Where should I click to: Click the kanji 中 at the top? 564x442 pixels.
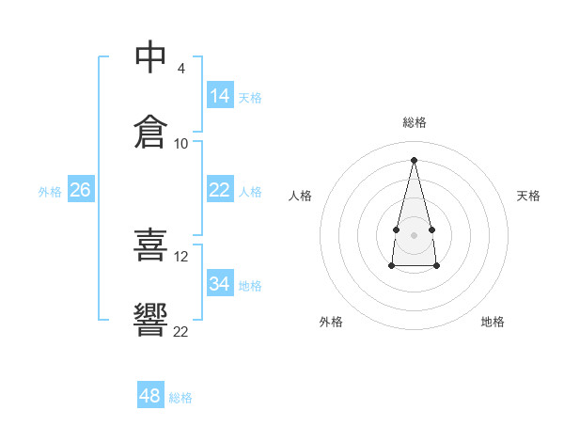[x=150, y=56]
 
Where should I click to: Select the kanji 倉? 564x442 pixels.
[x=150, y=132]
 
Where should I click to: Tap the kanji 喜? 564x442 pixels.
[x=150, y=245]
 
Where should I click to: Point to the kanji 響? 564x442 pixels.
[x=150, y=320]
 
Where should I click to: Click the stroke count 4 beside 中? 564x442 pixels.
[x=180, y=69]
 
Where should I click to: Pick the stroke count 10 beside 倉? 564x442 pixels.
[x=180, y=144]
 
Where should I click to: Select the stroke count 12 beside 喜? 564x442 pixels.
[x=180, y=257]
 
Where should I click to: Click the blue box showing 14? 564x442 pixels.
[x=221, y=95]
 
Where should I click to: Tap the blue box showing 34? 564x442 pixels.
[x=221, y=282]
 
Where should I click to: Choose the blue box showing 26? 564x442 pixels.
[x=81, y=189]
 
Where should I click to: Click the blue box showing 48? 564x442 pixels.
[x=150, y=394]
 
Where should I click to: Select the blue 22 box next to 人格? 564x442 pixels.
[x=221, y=189]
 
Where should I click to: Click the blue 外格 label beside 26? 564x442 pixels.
[x=50, y=192]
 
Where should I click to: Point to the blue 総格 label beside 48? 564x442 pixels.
[x=180, y=398]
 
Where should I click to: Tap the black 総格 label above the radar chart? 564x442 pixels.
[x=415, y=122]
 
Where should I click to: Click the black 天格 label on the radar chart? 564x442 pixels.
[x=528, y=196]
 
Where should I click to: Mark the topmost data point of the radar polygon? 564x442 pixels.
[x=414, y=160]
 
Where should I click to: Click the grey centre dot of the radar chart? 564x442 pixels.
[x=414, y=235]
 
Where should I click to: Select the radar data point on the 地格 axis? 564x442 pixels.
[x=436, y=266]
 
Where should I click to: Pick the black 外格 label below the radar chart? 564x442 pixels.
[x=331, y=322]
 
